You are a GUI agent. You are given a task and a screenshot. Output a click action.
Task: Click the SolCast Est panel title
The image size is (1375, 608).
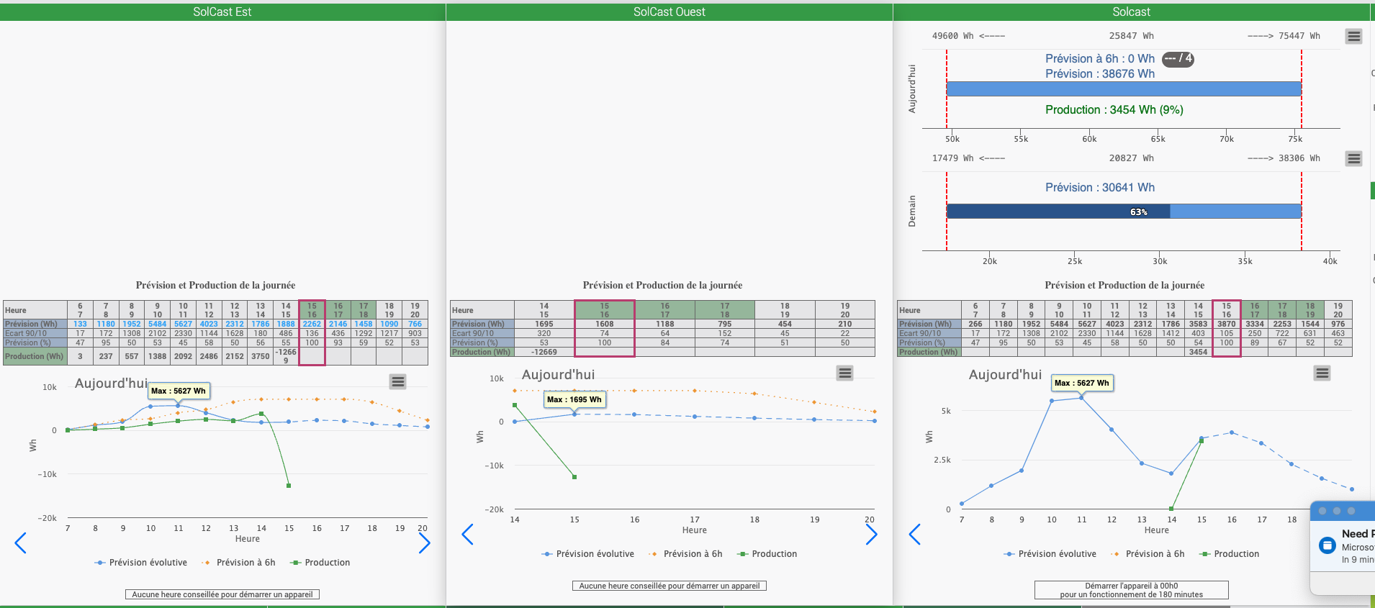[222, 12]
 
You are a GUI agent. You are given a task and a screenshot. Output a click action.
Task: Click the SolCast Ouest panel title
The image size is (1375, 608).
[669, 12]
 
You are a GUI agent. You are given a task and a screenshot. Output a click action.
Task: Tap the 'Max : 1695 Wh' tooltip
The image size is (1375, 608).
[574, 399]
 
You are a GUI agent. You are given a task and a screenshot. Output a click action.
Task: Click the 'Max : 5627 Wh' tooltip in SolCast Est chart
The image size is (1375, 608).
[179, 391]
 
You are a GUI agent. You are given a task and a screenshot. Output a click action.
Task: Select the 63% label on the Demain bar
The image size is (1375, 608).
[1138, 212]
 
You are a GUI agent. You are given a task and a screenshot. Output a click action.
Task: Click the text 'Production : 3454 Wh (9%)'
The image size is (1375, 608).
[1114, 109]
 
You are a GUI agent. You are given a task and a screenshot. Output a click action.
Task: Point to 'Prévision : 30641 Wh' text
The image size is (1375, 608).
[1099, 187]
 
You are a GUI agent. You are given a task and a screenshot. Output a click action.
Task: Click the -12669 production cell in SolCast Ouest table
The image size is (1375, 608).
[544, 352]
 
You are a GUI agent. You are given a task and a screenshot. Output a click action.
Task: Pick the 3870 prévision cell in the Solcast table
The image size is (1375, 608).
[1226, 324]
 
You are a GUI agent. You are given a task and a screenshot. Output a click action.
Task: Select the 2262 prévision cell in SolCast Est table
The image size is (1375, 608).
[312, 324]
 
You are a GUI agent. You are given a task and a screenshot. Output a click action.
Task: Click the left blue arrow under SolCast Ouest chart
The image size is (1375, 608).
[468, 535]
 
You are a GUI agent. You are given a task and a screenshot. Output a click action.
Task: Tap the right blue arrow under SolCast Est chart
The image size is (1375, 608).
[424, 543]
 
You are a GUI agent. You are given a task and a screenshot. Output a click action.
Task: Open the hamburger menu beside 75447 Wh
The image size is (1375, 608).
[1353, 36]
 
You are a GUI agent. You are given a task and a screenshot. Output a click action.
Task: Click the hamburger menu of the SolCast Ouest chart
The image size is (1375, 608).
[844, 373]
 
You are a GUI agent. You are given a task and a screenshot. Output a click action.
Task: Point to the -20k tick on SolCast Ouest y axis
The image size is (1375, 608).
[494, 509]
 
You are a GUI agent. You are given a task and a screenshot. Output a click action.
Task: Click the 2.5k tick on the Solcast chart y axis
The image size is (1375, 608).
[942, 460]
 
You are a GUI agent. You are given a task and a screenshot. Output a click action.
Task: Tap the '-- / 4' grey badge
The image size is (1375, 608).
[1178, 59]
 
